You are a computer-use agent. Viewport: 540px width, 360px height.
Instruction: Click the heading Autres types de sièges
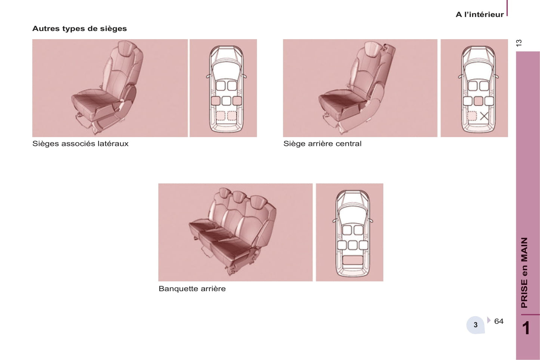tap(80, 28)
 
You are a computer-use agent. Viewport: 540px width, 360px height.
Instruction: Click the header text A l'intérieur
tap(479, 15)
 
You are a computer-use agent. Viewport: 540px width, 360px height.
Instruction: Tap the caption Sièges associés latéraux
tap(80, 144)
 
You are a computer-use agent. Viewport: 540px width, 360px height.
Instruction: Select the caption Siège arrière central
tap(322, 144)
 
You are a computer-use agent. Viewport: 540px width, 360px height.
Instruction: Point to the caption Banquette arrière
tap(192, 288)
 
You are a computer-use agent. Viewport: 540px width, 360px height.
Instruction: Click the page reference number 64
tap(499, 321)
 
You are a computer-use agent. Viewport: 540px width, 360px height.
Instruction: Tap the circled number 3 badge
tap(475, 325)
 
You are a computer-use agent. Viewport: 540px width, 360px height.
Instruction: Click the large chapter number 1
tap(526, 328)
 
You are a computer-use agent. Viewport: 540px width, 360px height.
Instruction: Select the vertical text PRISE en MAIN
tap(525, 273)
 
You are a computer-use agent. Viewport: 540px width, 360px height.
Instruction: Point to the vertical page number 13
tap(519, 43)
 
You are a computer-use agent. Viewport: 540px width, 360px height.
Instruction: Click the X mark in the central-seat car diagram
tap(484, 116)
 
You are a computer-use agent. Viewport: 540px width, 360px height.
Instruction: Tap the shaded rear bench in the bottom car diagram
tap(352, 260)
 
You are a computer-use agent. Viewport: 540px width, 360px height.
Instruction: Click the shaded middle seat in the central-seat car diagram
tap(478, 101)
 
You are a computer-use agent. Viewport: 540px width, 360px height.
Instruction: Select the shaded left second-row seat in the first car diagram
tap(216, 101)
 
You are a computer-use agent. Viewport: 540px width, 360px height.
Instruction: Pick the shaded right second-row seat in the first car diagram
tap(237, 101)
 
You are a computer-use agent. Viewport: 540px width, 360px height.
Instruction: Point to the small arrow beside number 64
tap(489, 320)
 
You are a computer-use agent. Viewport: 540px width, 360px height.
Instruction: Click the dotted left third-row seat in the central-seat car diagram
tap(472, 116)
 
